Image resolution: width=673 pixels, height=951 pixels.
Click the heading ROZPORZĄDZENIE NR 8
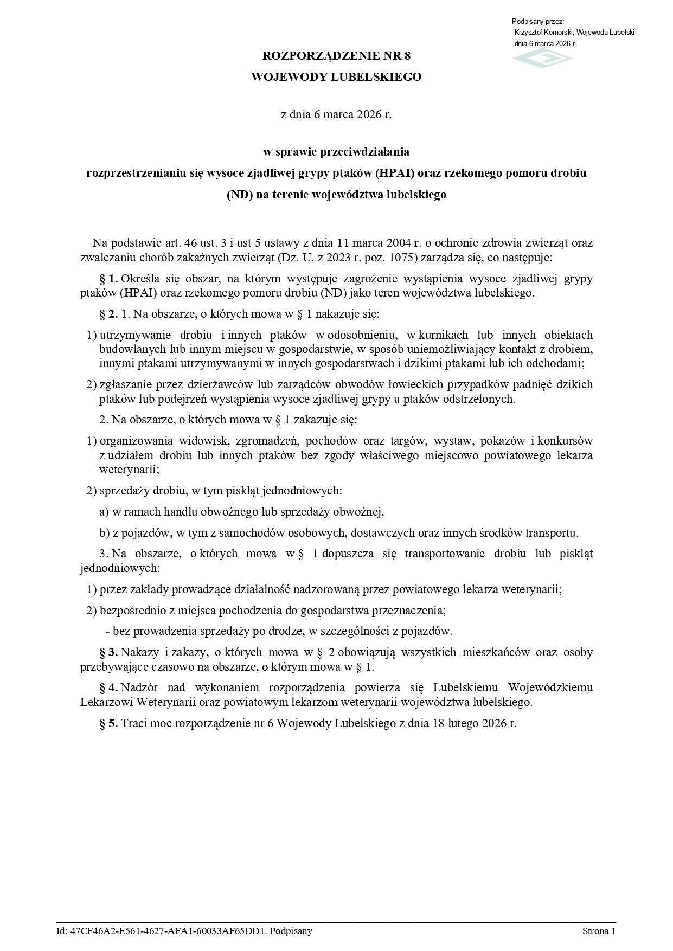[336, 56]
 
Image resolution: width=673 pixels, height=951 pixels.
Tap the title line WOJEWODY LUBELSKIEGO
[336, 77]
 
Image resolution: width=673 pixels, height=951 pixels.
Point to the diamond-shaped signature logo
[543, 59]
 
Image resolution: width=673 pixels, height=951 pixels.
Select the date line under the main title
[336, 114]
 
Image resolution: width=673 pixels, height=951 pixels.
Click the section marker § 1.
[108, 279]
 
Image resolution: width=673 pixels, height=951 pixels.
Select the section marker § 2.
[108, 314]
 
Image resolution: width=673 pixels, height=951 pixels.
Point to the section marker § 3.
[108, 652]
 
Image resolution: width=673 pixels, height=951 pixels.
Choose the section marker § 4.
[108, 688]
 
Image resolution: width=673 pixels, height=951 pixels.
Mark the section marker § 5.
[108, 723]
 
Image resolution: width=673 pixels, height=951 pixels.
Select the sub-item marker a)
[104, 512]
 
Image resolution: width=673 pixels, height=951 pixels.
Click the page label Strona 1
[599, 931]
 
